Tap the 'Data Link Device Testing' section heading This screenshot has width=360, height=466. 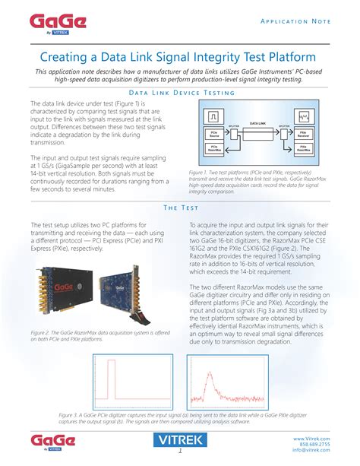pyautogui.click(x=180, y=93)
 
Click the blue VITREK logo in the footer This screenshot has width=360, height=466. pyautogui.click(x=180, y=440)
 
